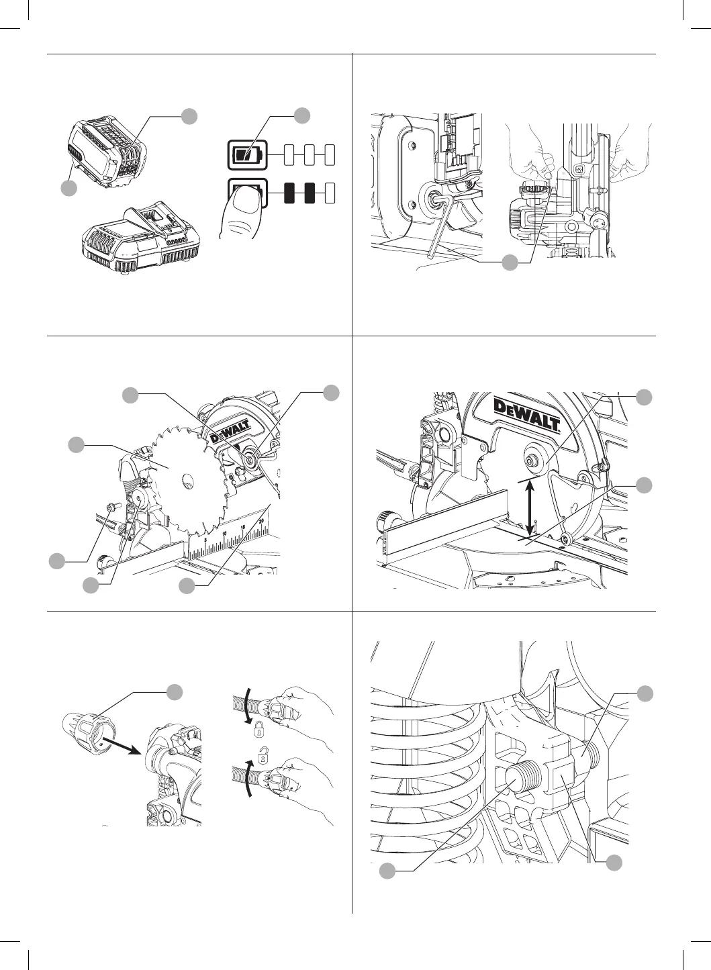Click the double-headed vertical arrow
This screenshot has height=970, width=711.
pos(531,507)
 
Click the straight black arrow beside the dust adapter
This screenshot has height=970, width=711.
pos(121,744)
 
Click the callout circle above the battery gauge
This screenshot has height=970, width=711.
pos(302,115)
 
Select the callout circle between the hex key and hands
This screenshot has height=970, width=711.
pos(510,262)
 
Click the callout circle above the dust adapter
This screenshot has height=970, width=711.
pos(175,692)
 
